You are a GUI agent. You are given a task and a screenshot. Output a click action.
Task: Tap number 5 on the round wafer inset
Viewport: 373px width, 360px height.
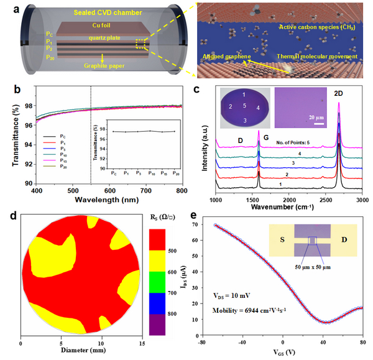tap(245, 106)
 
